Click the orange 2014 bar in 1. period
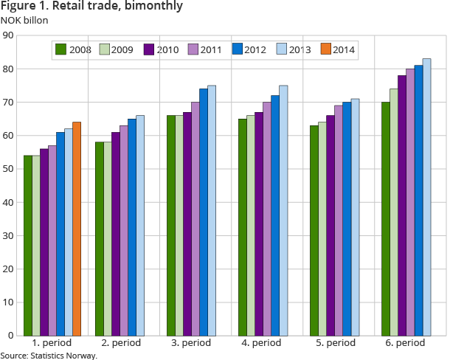tap(77, 229)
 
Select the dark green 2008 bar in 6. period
tap(386, 218)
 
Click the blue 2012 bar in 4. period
tap(275, 215)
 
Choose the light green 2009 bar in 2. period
tap(107, 238)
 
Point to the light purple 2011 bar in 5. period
tap(339, 221)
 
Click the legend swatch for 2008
tap(61, 50)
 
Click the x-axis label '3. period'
tap(195, 345)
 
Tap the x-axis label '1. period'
tap(51, 345)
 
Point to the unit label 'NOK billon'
tap(24, 20)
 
